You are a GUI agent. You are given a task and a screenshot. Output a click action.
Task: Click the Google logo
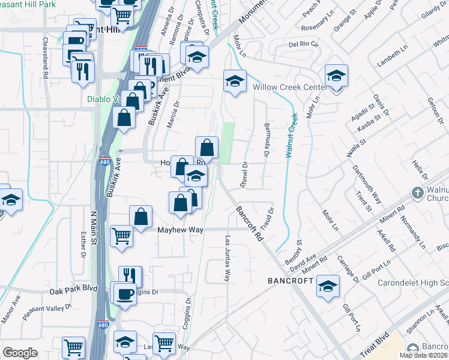point(20,353)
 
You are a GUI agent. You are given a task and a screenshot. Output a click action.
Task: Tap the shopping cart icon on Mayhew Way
point(122,236)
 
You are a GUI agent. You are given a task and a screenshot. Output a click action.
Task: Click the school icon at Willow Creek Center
point(336,77)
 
